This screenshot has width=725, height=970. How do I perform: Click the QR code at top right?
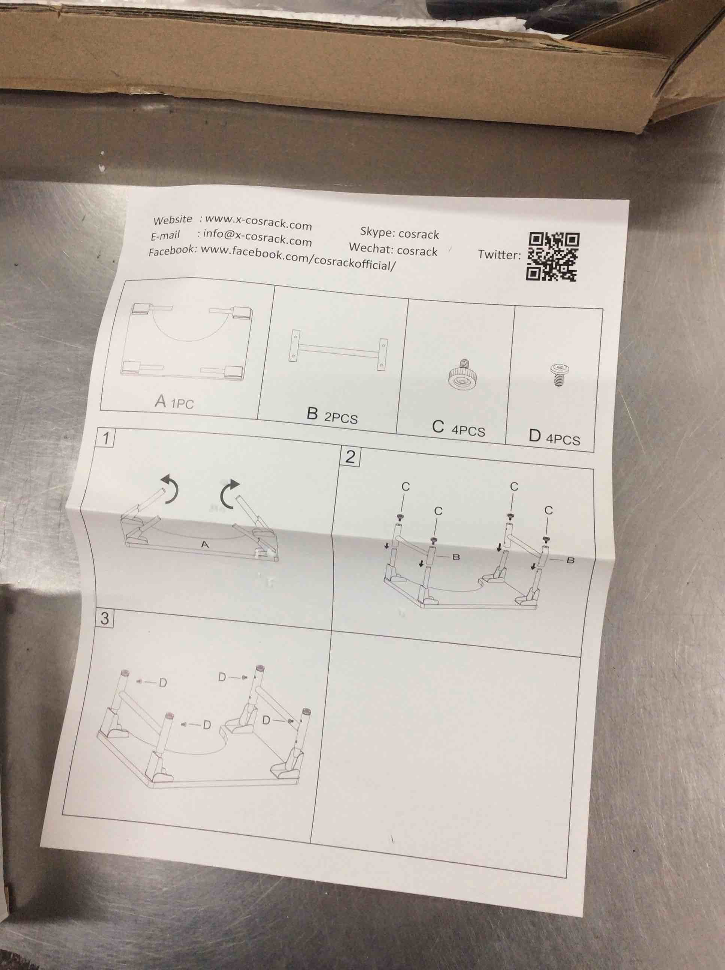pyautogui.click(x=552, y=256)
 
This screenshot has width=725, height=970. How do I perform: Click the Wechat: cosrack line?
pyautogui.click(x=393, y=250)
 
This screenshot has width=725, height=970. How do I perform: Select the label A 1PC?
pyautogui.click(x=174, y=402)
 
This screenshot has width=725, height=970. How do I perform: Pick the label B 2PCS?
pyautogui.click(x=332, y=416)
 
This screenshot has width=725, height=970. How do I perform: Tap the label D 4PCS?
pyautogui.click(x=554, y=437)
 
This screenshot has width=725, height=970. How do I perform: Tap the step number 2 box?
pyautogui.click(x=350, y=457)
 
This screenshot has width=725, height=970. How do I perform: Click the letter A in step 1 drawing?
pyautogui.click(x=204, y=544)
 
